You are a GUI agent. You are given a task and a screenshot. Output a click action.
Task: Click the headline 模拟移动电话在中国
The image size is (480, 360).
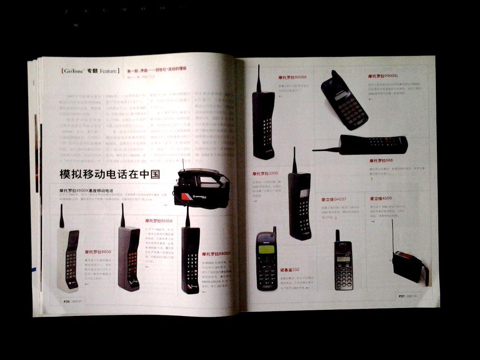110,174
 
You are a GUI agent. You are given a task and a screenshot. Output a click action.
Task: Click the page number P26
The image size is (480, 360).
67,301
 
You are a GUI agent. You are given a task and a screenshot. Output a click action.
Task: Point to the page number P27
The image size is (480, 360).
402,296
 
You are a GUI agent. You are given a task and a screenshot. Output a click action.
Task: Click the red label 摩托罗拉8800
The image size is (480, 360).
98,252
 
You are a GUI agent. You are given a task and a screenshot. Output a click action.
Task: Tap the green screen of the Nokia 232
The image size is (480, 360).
266,249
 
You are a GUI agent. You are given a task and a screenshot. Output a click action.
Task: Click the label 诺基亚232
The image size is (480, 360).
290,270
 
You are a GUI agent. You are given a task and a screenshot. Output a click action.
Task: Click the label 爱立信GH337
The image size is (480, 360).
334,199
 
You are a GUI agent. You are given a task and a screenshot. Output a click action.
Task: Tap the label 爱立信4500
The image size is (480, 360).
381,199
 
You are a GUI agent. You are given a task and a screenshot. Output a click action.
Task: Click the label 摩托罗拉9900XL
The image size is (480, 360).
383,76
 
